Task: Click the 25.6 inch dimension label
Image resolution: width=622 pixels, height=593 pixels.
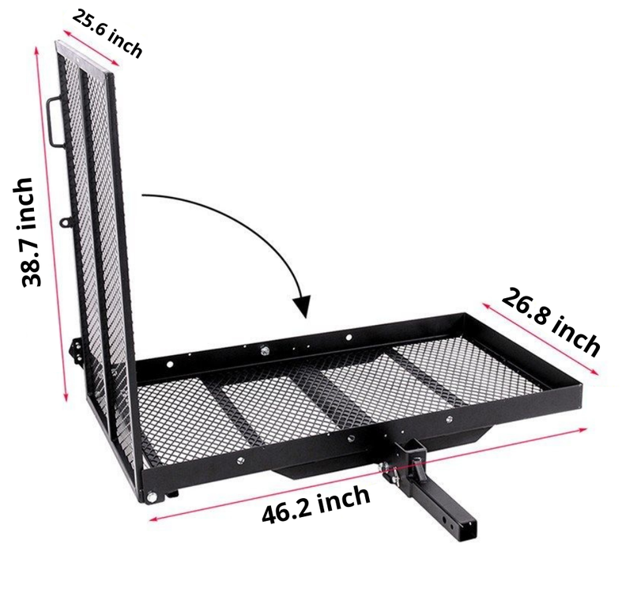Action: [x=107, y=35]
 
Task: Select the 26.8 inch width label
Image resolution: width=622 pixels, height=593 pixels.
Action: [x=551, y=322]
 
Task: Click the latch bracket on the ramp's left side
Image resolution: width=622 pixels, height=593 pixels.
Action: [x=76, y=348]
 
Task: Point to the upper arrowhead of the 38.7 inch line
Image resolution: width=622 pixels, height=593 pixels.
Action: [x=37, y=49]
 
